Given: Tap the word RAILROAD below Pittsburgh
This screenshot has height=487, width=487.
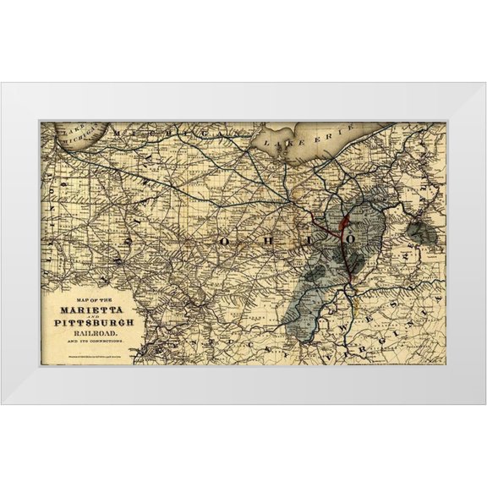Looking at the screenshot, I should pos(95,332).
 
